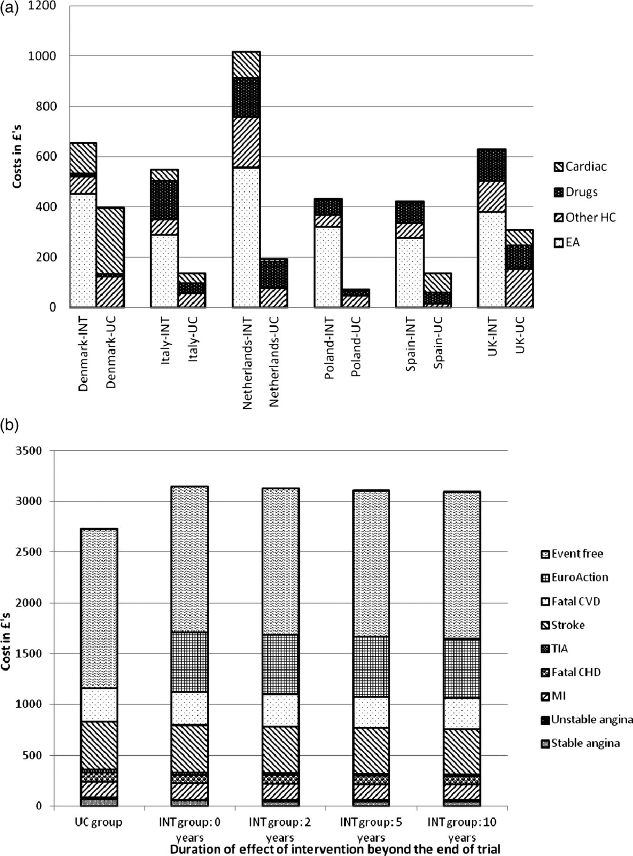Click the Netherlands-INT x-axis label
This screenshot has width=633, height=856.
pos(247,363)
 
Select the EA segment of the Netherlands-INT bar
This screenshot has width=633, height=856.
pos(246,237)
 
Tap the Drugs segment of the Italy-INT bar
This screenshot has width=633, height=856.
pos(165,200)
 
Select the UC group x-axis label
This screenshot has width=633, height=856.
pos(98,822)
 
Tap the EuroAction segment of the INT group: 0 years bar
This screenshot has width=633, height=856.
pos(190,662)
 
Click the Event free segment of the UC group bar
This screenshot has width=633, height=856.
pos(99,608)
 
